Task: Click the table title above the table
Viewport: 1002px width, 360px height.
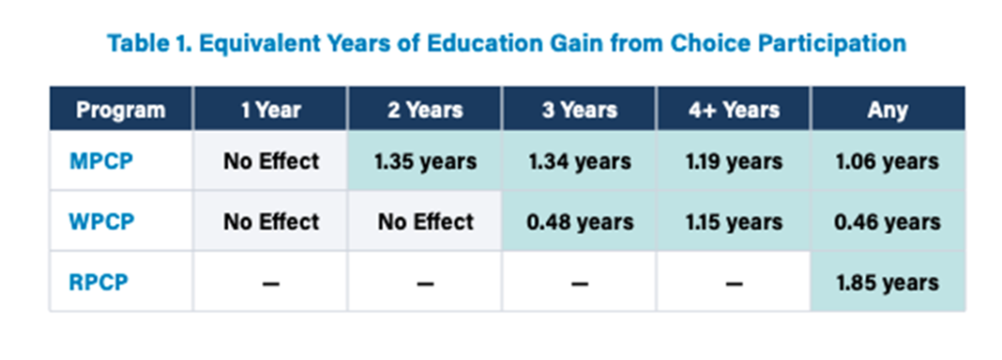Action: [x=506, y=43]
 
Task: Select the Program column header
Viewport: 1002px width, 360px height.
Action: [x=120, y=110]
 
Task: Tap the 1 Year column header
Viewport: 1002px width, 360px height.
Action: [x=271, y=110]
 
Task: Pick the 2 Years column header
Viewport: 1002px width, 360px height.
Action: [x=425, y=110]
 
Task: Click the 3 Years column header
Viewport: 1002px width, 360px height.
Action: [x=579, y=110]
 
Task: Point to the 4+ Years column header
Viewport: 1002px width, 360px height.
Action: [x=734, y=110]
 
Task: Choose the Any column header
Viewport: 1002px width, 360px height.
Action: [x=888, y=111]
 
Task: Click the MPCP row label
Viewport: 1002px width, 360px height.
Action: [x=101, y=160]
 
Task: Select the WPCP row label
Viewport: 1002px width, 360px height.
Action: [x=102, y=221]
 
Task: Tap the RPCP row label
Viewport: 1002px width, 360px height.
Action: [x=99, y=282]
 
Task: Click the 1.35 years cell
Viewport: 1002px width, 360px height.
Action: [x=426, y=160]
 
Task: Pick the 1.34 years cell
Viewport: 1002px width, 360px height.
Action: [x=579, y=160]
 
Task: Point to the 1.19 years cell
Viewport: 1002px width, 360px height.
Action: [x=734, y=160]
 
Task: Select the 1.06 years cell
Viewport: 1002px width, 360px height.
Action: [x=888, y=160]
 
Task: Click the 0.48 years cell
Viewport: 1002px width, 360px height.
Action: [x=580, y=221]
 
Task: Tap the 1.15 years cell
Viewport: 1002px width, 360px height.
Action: [x=734, y=221]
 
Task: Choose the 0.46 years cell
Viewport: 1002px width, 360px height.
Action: [x=888, y=221]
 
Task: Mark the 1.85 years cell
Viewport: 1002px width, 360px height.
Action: [x=888, y=282]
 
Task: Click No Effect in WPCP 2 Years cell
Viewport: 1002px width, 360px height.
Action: [x=426, y=221]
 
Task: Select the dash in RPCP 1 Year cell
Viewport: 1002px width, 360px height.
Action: [x=271, y=283]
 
